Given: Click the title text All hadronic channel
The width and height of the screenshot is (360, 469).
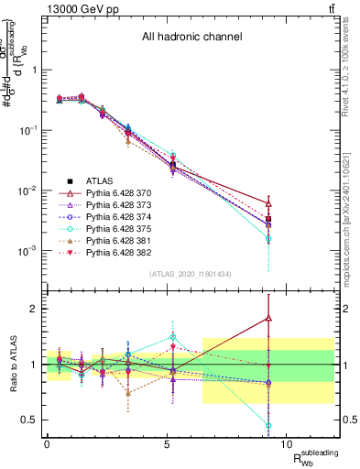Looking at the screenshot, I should [191, 38].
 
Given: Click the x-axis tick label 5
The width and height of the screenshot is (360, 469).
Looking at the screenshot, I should [167, 444].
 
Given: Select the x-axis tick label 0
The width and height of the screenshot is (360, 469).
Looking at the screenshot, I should [47, 444].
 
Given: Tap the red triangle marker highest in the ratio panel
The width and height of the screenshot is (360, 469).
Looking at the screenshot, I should [267, 318].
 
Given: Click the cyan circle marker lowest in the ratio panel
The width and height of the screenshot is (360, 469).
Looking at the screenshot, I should [267, 425].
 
